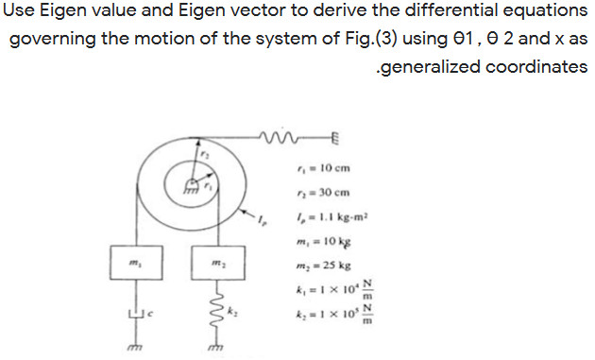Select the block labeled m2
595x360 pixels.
[x=214, y=259]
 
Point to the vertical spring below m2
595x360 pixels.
[x=214, y=309]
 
